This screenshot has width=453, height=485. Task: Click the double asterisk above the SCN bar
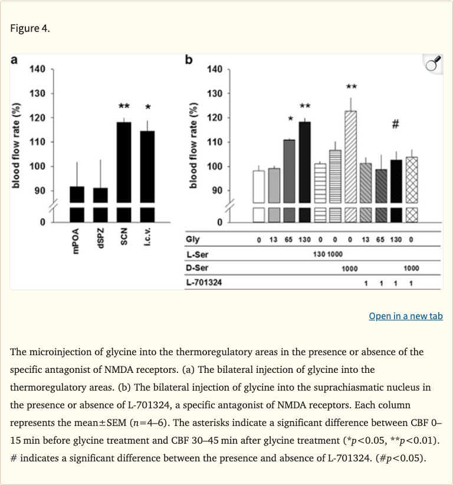(x=124, y=107)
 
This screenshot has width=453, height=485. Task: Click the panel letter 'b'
(x=189, y=60)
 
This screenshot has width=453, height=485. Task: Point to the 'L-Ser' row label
(x=196, y=254)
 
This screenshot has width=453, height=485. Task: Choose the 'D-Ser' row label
(x=196, y=268)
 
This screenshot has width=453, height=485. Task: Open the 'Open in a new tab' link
(x=405, y=316)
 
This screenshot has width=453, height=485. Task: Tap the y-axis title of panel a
(x=17, y=145)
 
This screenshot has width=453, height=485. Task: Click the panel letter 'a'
(x=14, y=60)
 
